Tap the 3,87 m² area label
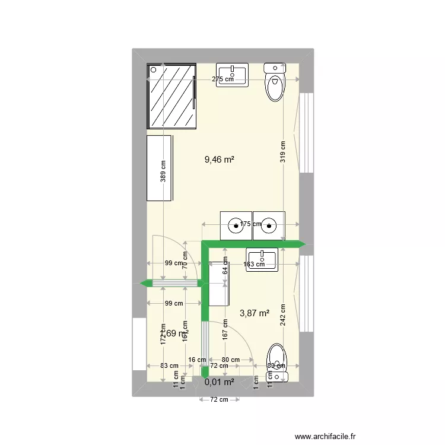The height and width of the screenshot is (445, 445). [x=254, y=313]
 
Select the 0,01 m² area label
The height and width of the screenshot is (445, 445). [x=220, y=382]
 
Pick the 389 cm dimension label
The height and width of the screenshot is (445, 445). [x=163, y=172]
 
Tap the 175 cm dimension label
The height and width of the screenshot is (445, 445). [x=250, y=224]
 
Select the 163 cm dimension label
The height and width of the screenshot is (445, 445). [x=254, y=265]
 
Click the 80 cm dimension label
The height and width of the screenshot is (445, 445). [x=230, y=360]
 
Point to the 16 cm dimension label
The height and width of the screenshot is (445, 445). [x=197, y=360]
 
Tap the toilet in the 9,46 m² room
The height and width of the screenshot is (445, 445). [x=275, y=82]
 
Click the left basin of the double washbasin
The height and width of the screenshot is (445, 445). [x=236, y=224]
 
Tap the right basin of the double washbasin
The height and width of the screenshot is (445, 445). [x=269, y=224]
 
